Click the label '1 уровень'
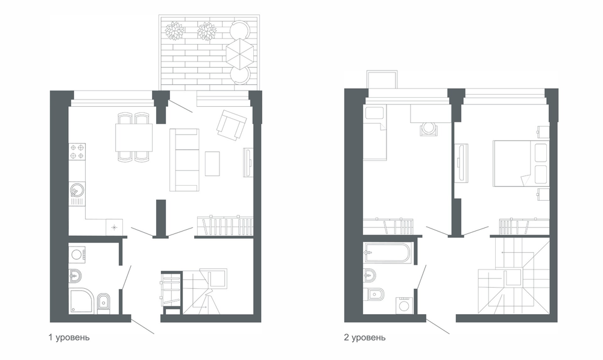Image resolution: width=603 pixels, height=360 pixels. [x=69, y=337]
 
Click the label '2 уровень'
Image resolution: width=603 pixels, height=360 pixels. [x=365, y=337]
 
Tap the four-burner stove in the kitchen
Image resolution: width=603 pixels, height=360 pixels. [x=77, y=151]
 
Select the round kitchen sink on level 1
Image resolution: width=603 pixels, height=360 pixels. [x=77, y=190]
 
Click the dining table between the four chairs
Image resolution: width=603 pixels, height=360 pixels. [x=133, y=137]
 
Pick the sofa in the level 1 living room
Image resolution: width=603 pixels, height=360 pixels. [x=185, y=160]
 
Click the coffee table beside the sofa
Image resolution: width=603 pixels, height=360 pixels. [x=212, y=163]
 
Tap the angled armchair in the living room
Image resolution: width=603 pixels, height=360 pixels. [x=232, y=125]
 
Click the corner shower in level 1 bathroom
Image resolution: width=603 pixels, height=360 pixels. [x=81, y=302]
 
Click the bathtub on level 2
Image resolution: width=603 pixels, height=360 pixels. [x=388, y=252]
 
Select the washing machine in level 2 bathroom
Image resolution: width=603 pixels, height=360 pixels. [x=404, y=305]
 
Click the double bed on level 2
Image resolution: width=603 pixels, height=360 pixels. [x=520, y=163]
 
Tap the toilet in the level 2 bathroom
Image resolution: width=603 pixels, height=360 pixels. [x=373, y=295]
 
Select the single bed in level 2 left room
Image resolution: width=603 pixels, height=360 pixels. [x=375, y=132]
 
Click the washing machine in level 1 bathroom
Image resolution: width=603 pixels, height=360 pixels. [x=77, y=254]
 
